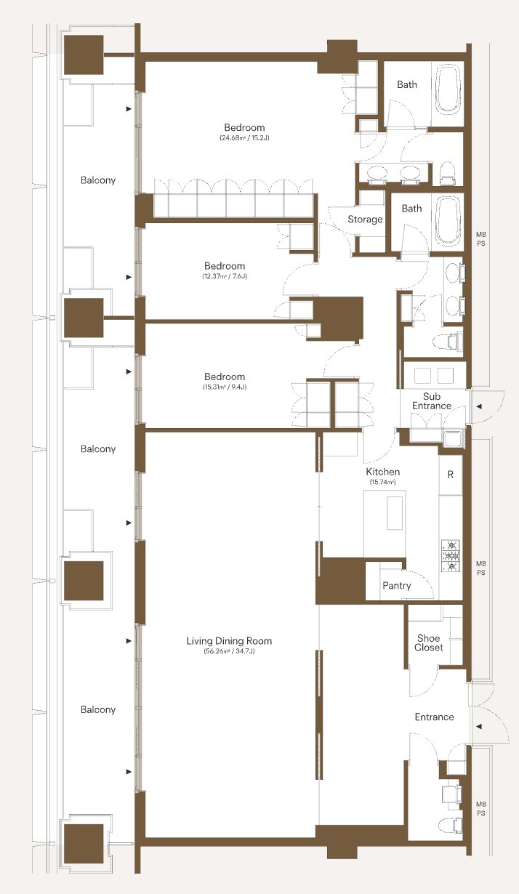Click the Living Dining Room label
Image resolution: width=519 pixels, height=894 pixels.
click(x=229, y=641)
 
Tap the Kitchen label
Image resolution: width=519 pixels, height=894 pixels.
click(x=383, y=472)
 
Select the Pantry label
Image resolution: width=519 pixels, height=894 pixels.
click(x=396, y=586)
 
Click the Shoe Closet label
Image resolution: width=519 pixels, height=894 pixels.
click(x=429, y=643)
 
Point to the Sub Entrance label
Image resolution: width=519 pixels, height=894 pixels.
click(x=432, y=401)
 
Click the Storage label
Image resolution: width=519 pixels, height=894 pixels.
click(x=365, y=219)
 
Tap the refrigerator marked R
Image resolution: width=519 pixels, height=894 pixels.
click(x=451, y=475)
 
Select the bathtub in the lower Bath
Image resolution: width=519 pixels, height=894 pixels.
click(x=448, y=221)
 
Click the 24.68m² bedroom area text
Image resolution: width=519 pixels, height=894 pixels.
click(x=244, y=138)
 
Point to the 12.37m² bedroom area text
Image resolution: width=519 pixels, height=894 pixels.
click(x=225, y=276)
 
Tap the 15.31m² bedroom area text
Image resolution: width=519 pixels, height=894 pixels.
click(x=225, y=387)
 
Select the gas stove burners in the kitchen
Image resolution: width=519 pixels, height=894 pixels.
click(x=451, y=555)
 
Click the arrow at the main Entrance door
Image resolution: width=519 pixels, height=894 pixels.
click(x=479, y=726)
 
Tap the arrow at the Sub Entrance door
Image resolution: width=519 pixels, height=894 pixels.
click(x=479, y=407)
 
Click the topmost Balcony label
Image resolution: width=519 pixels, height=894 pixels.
click(x=98, y=180)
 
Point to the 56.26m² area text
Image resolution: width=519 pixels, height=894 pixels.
click(x=229, y=652)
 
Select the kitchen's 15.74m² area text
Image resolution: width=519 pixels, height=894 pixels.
click(x=382, y=482)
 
